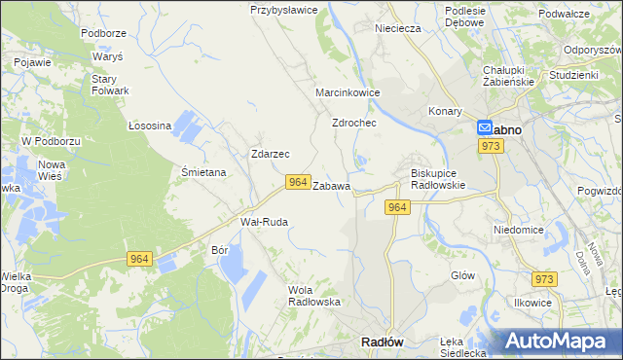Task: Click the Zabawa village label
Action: pos(331,185)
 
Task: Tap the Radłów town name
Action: pos(383,342)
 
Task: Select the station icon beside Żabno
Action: pos(484,127)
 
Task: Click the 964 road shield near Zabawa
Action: pos(298,182)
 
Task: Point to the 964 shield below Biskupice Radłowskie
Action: pos(396,207)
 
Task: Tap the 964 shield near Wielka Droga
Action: pos(139,258)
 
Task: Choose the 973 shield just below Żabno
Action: pos(491,146)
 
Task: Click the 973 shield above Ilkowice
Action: pos(544,279)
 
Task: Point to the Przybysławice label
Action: pos(284,10)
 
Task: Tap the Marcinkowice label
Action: pos(348,92)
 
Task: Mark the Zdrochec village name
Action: pos(354,124)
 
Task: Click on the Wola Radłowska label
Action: pos(313,295)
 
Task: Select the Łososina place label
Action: pos(150,126)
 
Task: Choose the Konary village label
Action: pos(446,111)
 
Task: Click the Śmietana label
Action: pos(204,172)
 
